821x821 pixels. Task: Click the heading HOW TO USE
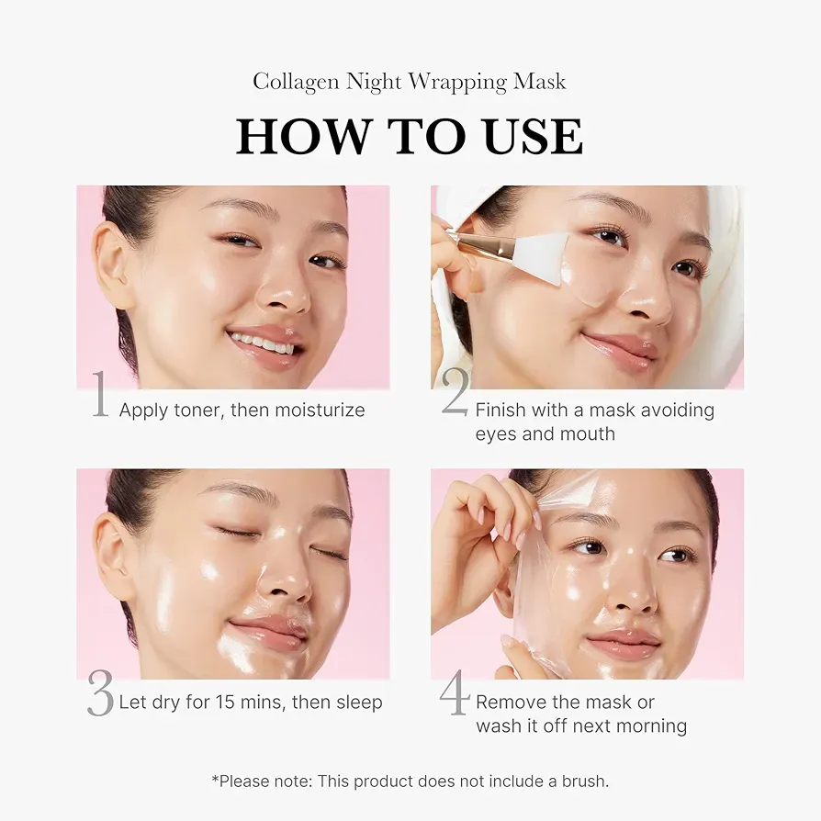[410, 136]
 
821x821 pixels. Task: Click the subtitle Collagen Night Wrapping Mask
[410, 82]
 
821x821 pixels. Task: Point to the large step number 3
[99, 693]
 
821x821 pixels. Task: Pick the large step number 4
[455, 693]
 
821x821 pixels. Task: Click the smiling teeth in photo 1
[263, 344]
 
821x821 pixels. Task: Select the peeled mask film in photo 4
[551, 569]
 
